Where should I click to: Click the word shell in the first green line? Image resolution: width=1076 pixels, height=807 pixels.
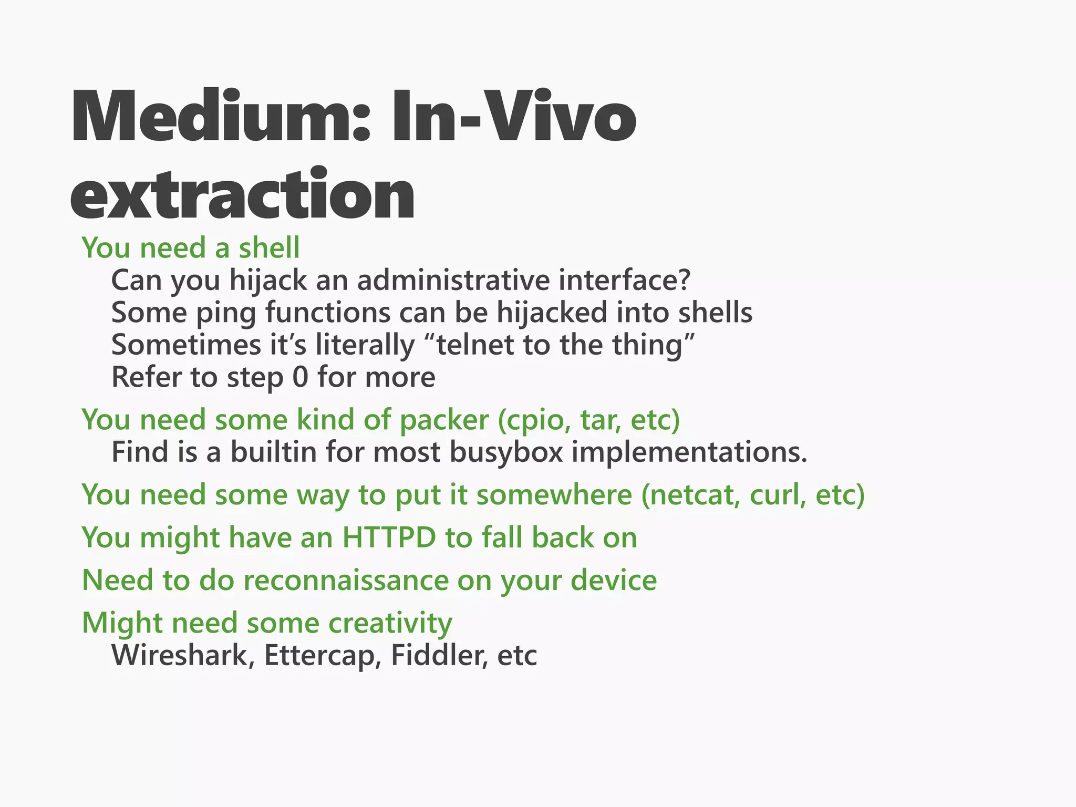coord(269,248)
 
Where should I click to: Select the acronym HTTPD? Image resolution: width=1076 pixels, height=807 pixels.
coord(389,538)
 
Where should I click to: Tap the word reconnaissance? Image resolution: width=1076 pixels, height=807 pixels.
coord(345,581)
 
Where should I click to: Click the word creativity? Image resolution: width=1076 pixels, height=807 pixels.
coord(390,624)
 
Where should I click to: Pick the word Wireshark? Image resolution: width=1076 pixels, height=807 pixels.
coord(179,656)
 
